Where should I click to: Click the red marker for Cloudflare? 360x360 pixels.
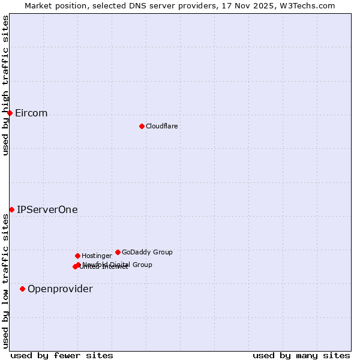point(142,126)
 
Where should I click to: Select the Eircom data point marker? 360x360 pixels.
point(10,113)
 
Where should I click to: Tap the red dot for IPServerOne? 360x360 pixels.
point(11,209)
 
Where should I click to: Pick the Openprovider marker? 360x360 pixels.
point(22,289)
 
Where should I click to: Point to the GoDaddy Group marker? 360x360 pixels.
point(118,252)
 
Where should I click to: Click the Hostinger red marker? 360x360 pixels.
point(77,256)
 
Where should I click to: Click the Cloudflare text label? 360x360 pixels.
point(161,126)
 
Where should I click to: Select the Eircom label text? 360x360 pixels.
point(31,113)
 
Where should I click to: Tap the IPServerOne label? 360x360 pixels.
point(47,210)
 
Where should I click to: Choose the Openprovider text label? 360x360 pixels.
point(60,289)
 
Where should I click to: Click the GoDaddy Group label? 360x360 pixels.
point(147,252)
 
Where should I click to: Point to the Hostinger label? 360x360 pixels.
point(97,256)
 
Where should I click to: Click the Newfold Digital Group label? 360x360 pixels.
point(118,264)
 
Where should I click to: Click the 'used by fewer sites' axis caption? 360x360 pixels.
point(62,355)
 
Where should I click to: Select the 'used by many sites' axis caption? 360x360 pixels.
point(301,355)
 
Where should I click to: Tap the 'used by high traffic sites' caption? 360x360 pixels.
point(5,85)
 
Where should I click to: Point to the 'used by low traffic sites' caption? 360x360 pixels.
point(5,281)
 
